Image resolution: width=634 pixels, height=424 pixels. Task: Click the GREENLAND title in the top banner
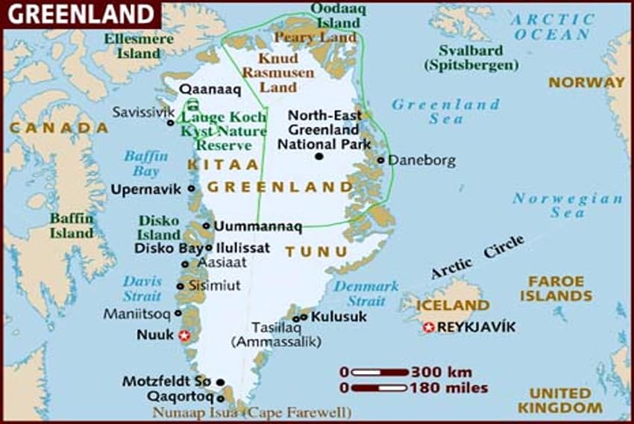click(81, 13)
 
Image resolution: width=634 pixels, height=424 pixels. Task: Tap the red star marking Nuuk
click(185, 336)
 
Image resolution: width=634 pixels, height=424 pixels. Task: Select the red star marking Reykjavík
click(428, 327)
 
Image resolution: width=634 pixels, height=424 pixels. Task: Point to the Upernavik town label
click(146, 189)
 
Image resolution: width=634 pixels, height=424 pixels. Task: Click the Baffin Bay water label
click(142, 163)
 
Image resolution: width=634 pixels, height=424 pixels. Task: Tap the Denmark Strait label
click(366, 293)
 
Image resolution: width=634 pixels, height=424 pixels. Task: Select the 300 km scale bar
click(380, 371)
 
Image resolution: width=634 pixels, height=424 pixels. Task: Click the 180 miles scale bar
click(380, 387)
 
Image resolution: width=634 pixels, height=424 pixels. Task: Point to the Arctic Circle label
click(477, 257)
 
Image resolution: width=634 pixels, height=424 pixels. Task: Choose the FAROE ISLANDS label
click(559, 289)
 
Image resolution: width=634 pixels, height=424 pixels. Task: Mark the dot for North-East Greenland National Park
click(319, 156)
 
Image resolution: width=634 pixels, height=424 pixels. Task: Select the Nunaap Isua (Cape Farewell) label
click(252, 411)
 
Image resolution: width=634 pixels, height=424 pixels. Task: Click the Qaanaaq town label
click(208, 89)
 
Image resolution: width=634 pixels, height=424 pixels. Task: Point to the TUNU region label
click(306, 252)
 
